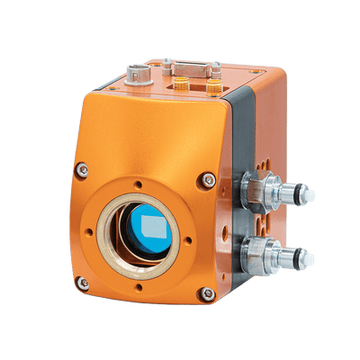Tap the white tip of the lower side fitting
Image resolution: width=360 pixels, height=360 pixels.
pyautogui.click(x=308, y=258)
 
